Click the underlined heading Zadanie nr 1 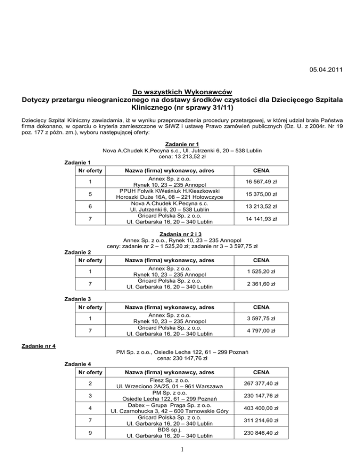point(180,143)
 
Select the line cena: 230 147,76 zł point(180,359)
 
